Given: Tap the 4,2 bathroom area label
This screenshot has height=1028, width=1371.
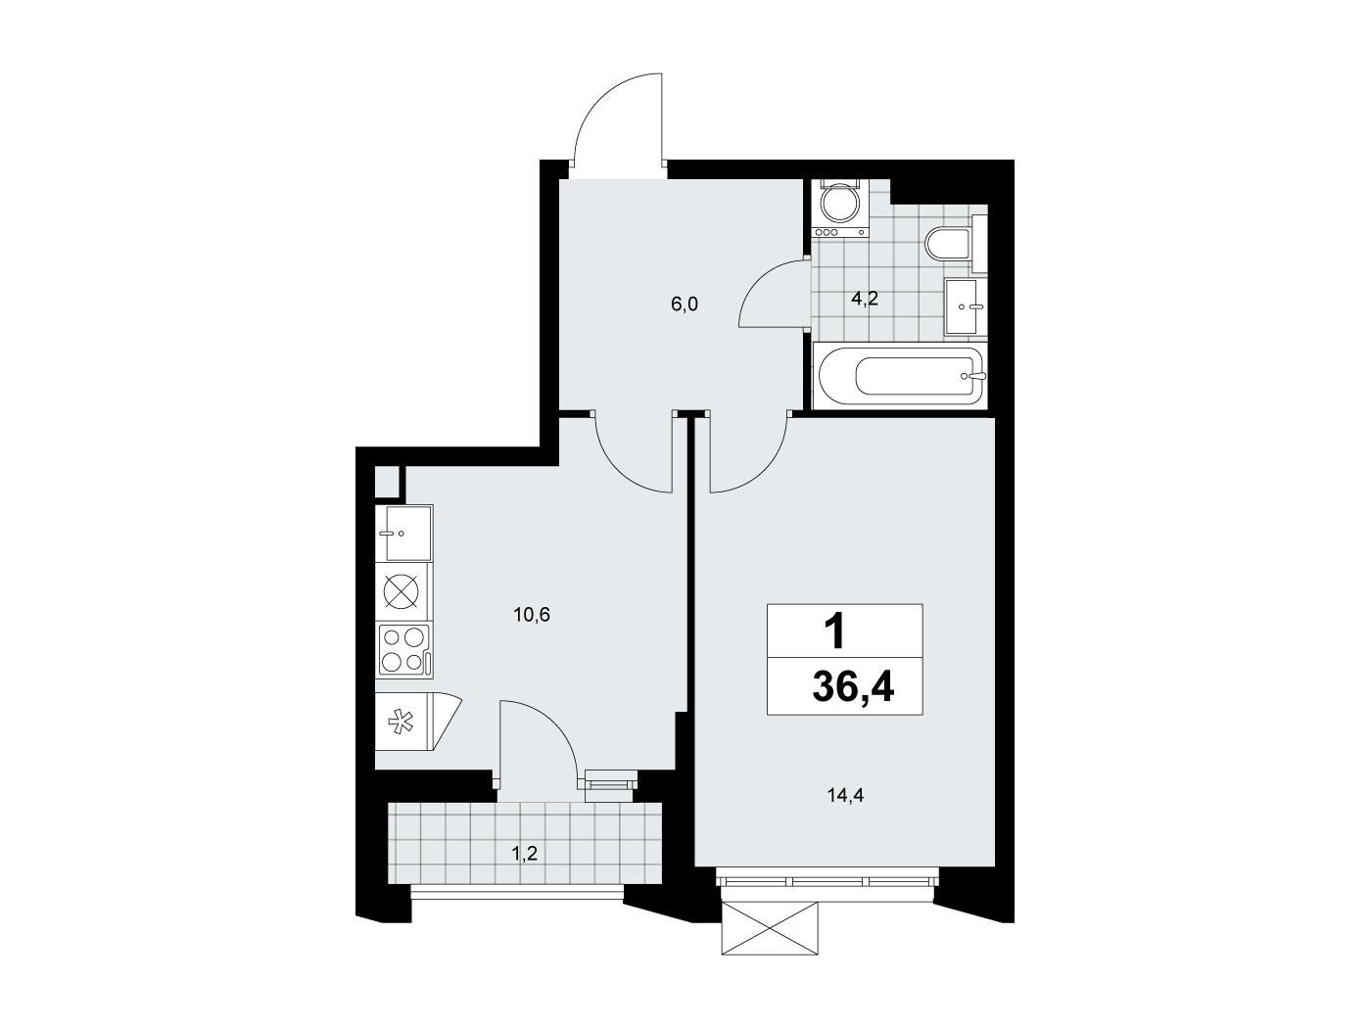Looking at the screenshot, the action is pos(865,299).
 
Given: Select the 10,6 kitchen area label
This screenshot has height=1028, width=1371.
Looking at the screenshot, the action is pos(532,616).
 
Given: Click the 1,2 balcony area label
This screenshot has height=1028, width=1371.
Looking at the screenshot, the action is pos(525,853).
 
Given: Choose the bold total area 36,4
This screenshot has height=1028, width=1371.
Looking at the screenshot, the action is pos(853,687).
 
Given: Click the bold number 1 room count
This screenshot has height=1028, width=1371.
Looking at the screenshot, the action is pos(834,631).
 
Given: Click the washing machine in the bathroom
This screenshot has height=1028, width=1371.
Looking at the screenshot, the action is pos(839,208).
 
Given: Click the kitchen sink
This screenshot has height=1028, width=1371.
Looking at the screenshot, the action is pos(404,534).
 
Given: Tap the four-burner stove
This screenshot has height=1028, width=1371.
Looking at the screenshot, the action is pos(404,651).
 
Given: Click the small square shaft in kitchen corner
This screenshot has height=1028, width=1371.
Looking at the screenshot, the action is pos(387,482).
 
